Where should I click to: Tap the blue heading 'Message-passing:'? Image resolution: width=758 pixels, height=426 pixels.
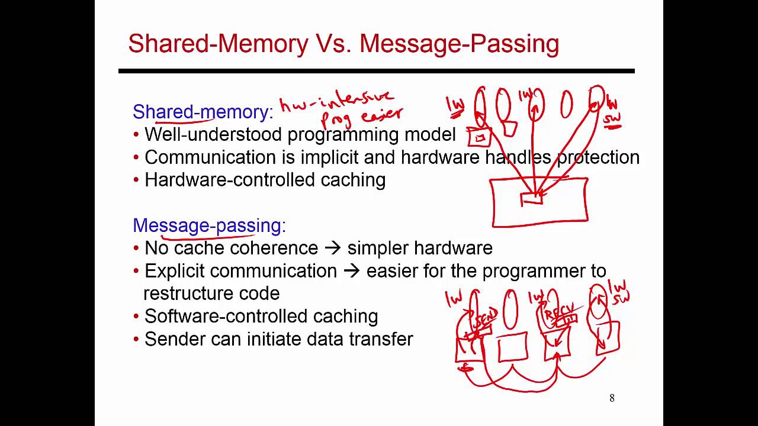(x=208, y=225)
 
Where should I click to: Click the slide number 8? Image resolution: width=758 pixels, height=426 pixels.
(x=612, y=398)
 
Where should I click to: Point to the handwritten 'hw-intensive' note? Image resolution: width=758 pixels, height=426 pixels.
(x=336, y=101)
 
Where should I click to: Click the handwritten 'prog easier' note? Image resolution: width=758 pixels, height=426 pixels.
(x=361, y=116)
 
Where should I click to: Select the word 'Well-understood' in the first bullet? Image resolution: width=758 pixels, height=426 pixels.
(x=213, y=134)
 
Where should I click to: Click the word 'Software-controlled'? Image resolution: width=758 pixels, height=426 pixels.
(x=226, y=316)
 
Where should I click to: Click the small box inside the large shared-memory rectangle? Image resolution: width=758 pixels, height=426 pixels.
(x=531, y=199)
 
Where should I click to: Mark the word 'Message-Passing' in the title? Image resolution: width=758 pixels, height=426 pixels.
(x=459, y=44)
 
